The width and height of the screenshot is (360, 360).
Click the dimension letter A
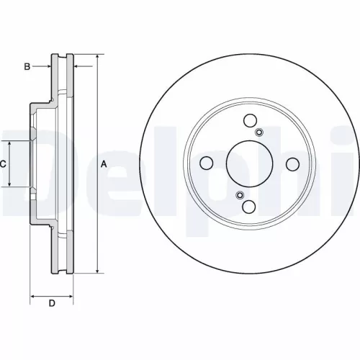(104, 164)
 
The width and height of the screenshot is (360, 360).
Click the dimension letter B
(27, 67)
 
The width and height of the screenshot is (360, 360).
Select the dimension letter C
(3, 164)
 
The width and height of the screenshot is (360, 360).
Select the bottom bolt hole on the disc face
(250, 207)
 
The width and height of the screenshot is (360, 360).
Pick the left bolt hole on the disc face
(207, 163)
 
